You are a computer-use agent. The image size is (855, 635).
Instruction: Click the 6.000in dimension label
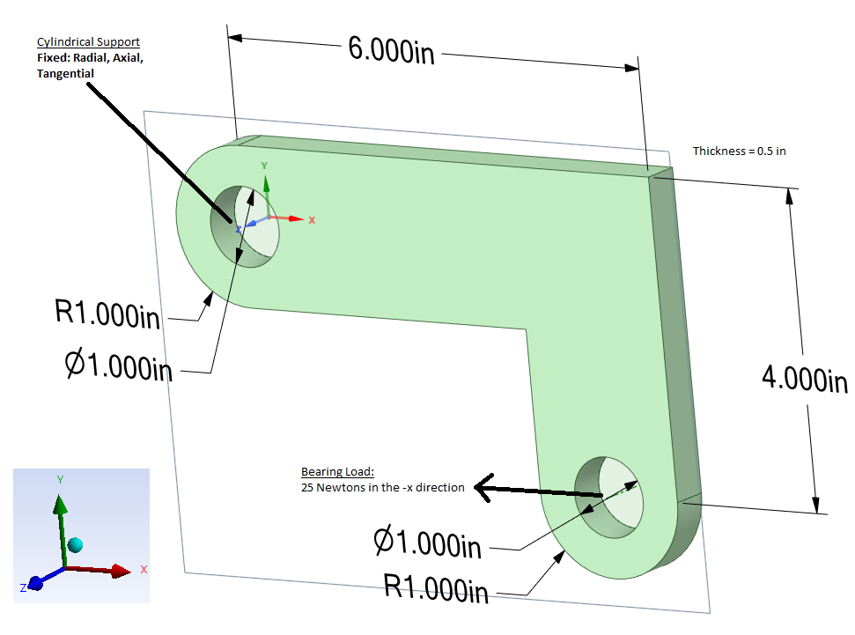click(x=391, y=49)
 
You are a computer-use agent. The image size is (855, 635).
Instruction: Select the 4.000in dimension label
click(x=804, y=380)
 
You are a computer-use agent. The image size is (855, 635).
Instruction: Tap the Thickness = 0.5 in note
click(x=739, y=151)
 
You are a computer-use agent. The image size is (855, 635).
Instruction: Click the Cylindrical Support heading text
click(x=88, y=42)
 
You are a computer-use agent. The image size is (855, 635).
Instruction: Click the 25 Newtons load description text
click(x=382, y=487)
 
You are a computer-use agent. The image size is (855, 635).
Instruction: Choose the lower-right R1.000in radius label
click(x=436, y=587)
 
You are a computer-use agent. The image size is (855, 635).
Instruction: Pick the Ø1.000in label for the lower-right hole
click(x=428, y=543)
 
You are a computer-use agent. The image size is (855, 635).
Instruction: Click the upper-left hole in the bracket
click(x=244, y=225)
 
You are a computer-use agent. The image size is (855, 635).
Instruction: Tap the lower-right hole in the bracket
click(x=609, y=495)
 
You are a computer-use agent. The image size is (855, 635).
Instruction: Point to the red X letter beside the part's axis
click(x=312, y=219)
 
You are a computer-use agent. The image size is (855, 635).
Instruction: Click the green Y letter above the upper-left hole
click(x=264, y=166)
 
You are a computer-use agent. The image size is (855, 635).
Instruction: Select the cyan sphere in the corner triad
click(x=75, y=544)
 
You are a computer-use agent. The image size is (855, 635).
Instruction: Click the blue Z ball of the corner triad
click(x=36, y=583)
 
